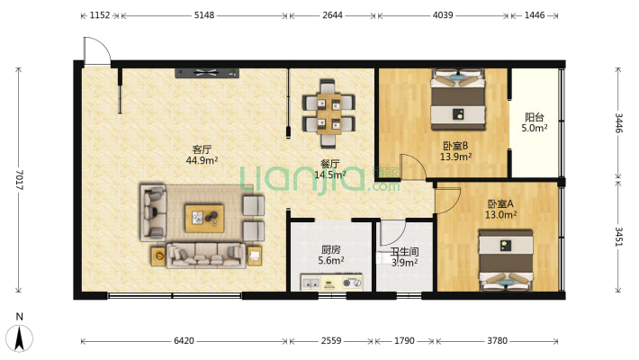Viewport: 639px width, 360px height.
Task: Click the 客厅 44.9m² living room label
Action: [x=202, y=155]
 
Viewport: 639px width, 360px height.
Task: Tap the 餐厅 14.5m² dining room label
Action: [x=330, y=169]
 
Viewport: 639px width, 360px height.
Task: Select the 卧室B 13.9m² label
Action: [x=455, y=151]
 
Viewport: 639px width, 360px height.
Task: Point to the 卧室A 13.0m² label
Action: [x=500, y=209]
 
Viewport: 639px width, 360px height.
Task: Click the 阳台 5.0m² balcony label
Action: [x=535, y=122]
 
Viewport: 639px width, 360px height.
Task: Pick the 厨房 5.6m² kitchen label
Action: [x=331, y=255]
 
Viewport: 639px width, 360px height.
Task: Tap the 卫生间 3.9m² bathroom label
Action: [x=404, y=257]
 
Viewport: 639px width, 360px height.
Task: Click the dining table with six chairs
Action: [x=328, y=113]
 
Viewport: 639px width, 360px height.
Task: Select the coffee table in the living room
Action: [x=204, y=219]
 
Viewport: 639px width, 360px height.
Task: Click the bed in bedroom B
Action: [x=458, y=100]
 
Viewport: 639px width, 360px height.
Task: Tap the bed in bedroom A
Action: [x=506, y=260]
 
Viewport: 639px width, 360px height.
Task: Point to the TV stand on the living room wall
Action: [x=207, y=74]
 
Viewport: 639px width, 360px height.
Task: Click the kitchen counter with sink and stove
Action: [x=332, y=282]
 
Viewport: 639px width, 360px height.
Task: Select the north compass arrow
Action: [x=19, y=338]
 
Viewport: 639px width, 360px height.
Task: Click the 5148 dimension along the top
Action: [x=204, y=15]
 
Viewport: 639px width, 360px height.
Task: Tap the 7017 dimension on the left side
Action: [x=19, y=180]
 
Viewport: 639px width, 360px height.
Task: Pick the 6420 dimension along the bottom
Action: [x=184, y=341]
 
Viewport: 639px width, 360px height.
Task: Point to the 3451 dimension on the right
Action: [x=618, y=237]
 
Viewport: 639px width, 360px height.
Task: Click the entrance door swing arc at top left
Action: [x=102, y=45]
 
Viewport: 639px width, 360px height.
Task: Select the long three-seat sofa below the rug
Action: [x=206, y=256]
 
